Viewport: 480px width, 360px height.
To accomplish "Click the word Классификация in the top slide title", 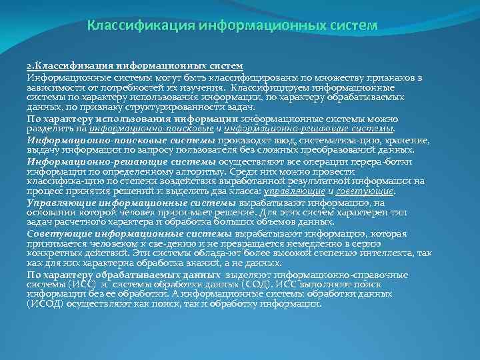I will (x=137, y=26).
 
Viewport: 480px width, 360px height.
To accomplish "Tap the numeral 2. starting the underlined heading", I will (x=31, y=67).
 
